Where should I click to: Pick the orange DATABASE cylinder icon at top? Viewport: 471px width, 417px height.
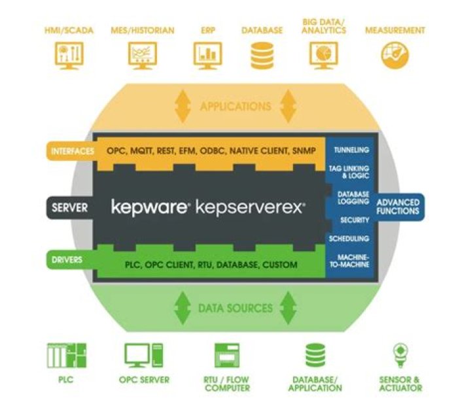[x=262, y=56]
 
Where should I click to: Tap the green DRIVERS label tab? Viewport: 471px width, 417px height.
[x=65, y=261]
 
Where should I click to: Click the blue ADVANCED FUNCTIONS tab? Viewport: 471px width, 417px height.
[x=398, y=207]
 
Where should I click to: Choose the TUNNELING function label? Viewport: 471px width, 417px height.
[x=351, y=150]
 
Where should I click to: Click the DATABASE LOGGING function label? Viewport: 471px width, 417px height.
[x=351, y=198]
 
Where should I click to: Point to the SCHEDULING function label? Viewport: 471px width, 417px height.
[x=351, y=239]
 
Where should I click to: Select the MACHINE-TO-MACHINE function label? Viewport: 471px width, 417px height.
[x=351, y=261]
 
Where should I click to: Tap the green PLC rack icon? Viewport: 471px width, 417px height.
[x=67, y=355]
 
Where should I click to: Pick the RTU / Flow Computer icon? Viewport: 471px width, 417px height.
[x=226, y=356]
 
